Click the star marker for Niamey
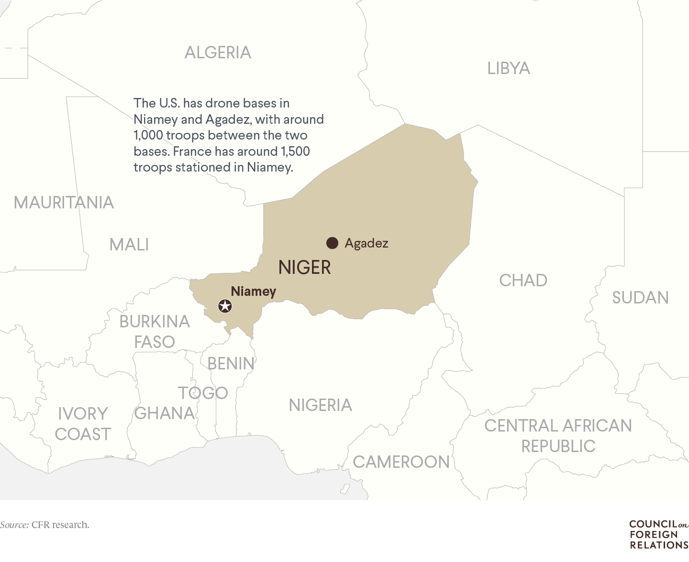click(x=225, y=306)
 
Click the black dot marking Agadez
click(x=332, y=243)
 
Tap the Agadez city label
click(x=367, y=243)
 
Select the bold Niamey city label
click(x=253, y=291)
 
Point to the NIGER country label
click(x=304, y=267)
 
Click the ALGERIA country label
click(x=218, y=52)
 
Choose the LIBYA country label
click(x=509, y=68)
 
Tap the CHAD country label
click(x=523, y=280)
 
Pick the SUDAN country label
click(x=640, y=297)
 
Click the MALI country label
click(x=129, y=244)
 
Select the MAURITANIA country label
click(x=64, y=202)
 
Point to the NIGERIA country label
click(x=320, y=405)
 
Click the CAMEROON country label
click(x=401, y=462)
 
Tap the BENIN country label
click(x=231, y=363)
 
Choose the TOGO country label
click(x=203, y=393)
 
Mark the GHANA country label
click(x=165, y=413)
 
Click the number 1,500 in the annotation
click(x=295, y=151)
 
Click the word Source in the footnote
click(x=14, y=525)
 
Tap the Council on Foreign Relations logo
click(x=658, y=534)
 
